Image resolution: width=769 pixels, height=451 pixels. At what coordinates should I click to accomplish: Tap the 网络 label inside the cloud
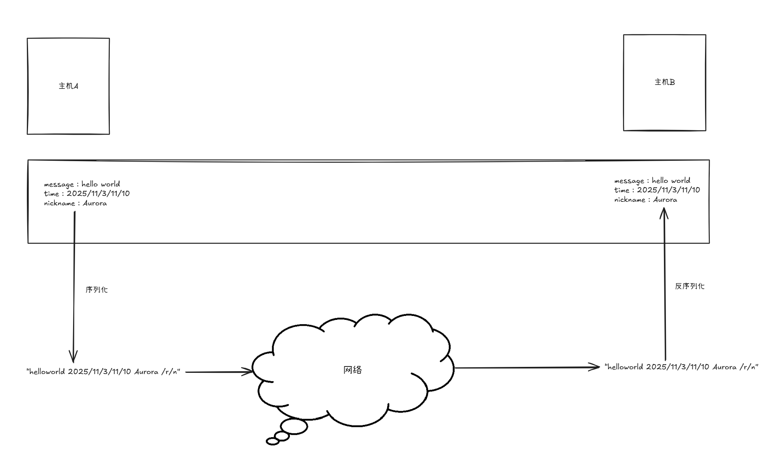tap(352, 370)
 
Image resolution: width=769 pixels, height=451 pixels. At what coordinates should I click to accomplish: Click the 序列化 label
tap(96, 290)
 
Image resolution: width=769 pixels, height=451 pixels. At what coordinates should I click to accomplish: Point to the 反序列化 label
tap(689, 286)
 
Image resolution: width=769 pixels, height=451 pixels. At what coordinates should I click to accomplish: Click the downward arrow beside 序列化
tap(74, 284)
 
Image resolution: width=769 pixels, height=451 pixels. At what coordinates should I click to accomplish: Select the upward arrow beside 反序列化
tap(665, 284)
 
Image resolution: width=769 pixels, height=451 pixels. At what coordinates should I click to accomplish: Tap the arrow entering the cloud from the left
tap(219, 372)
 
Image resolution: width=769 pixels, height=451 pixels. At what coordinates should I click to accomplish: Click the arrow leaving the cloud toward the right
tap(527, 368)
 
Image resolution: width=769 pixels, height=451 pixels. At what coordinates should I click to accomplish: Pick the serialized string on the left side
tap(103, 372)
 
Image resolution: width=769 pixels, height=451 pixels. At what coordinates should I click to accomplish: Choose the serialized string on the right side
tap(681, 367)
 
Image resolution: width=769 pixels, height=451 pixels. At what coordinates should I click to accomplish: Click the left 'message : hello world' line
tap(82, 184)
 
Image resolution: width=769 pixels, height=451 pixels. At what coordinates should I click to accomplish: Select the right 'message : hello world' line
tap(652, 181)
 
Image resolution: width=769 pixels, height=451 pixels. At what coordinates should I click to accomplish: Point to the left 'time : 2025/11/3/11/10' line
tap(86, 194)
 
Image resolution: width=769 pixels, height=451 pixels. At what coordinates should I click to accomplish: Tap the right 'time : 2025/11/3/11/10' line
tap(657, 190)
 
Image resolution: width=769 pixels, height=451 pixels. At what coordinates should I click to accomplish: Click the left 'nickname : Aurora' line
tap(75, 203)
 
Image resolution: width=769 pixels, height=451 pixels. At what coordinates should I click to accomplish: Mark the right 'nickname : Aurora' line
tap(645, 200)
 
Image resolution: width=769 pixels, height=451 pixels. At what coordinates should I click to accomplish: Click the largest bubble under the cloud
tap(294, 427)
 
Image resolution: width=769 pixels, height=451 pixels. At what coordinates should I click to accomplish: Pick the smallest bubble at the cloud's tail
tap(273, 441)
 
